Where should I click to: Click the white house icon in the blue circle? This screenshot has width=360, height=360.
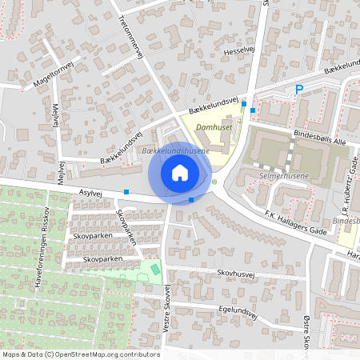pyautogui.click(x=180, y=172)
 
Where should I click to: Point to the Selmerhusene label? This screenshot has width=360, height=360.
pyautogui.click(x=283, y=174)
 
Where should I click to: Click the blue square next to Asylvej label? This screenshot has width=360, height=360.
pyautogui.click(x=127, y=192)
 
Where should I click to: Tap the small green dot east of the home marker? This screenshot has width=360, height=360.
pyautogui.click(x=214, y=182)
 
